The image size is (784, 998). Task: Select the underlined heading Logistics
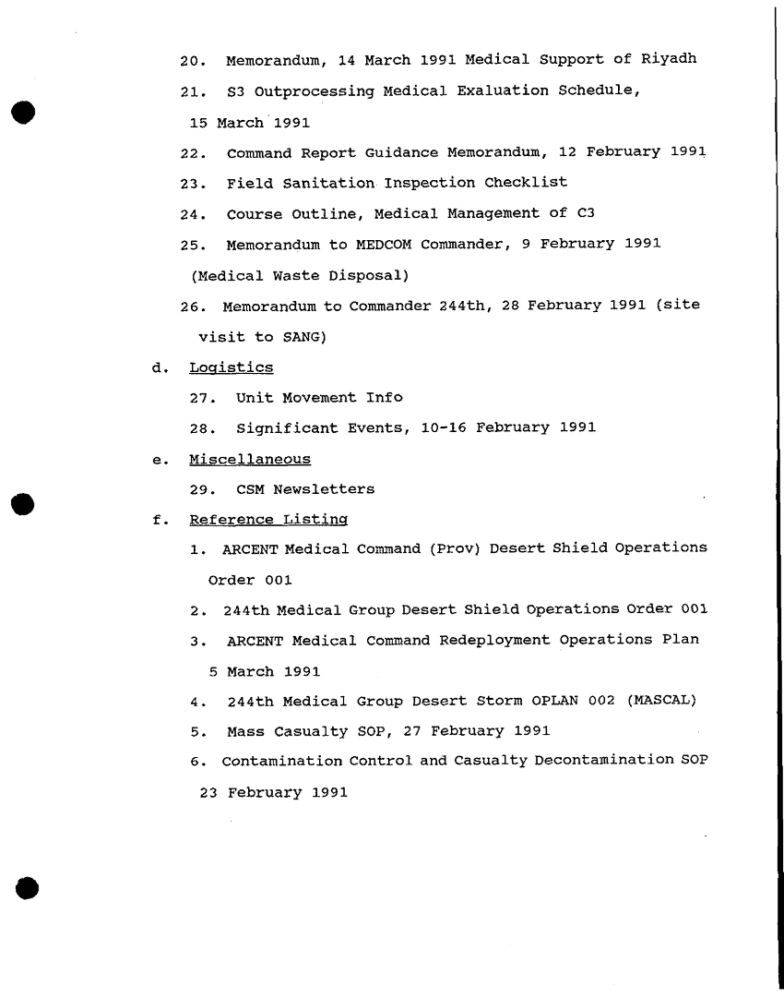click(231, 367)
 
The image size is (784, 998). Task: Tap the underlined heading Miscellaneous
click(250, 459)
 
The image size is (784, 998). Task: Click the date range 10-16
click(446, 427)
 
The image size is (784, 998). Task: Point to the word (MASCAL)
click(660, 701)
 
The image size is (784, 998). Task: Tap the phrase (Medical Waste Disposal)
click(300, 275)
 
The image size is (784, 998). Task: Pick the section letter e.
click(159, 459)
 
